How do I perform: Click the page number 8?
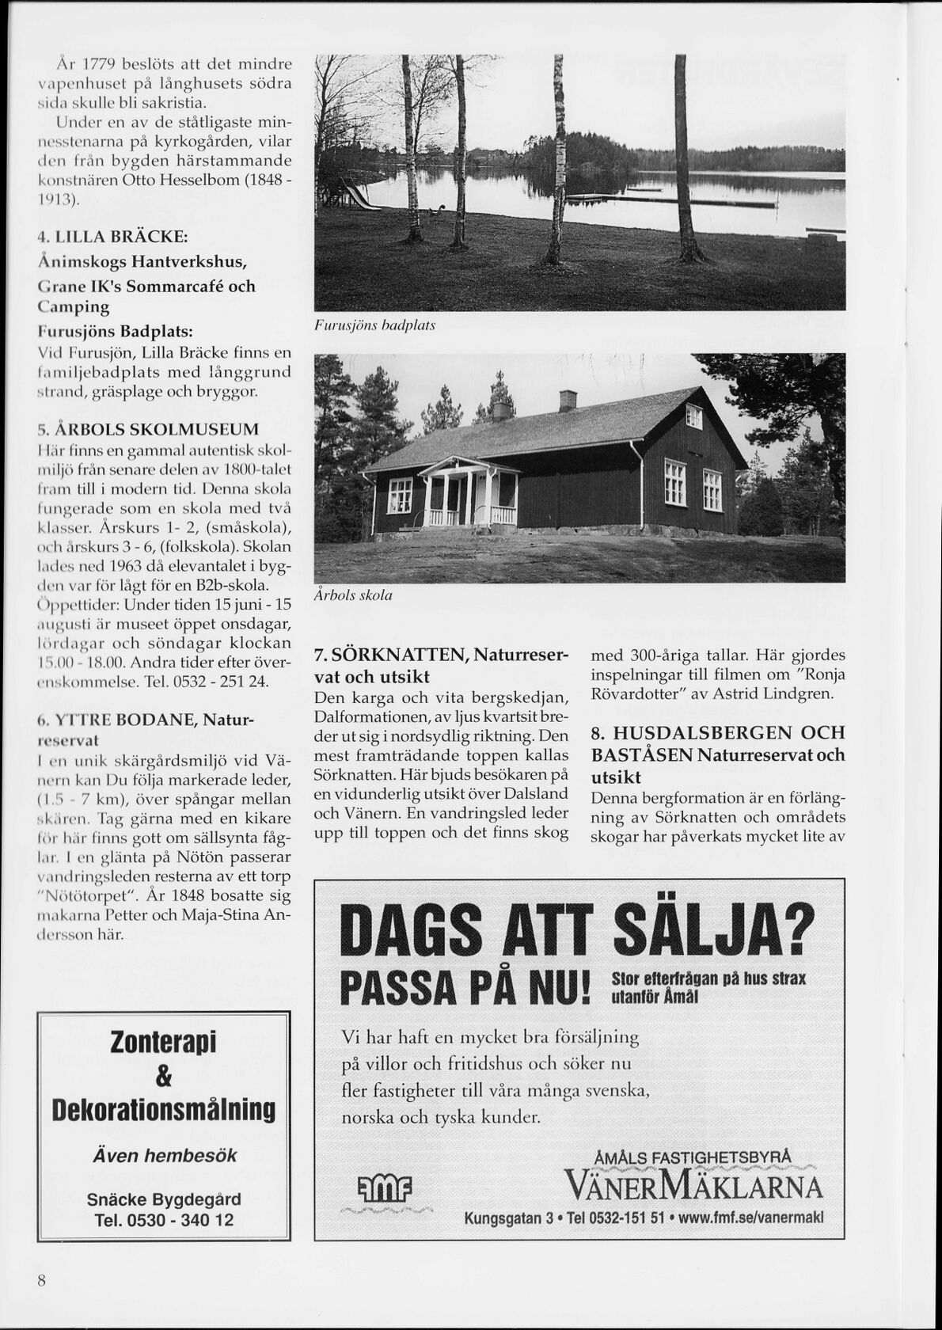click(41, 1280)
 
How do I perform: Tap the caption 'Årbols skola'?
click(353, 595)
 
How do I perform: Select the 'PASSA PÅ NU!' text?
click(465, 988)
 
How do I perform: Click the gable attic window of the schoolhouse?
click(693, 415)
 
